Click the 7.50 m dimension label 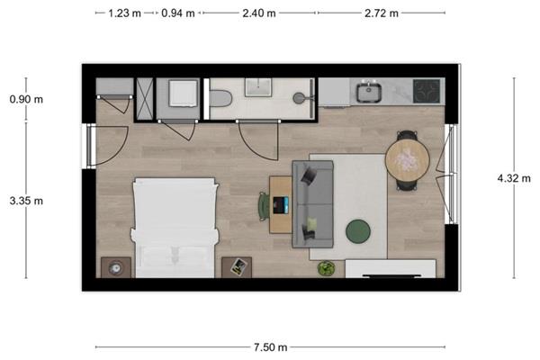[270, 347]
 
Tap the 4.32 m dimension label [514, 178]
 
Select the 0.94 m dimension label [177, 13]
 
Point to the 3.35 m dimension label [26, 201]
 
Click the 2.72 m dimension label [382, 13]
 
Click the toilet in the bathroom [220, 98]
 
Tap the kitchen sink [368, 91]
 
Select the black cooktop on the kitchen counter [427, 91]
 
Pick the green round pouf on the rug [358, 231]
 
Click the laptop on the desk [281, 205]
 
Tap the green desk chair [264, 206]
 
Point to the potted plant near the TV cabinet [326, 268]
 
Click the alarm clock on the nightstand [115, 268]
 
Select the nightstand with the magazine [237, 267]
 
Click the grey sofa [312, 204]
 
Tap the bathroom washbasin [258, 87]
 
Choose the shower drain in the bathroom [298, 98]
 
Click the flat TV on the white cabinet [391, 276]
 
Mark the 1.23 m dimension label [125, 13]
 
